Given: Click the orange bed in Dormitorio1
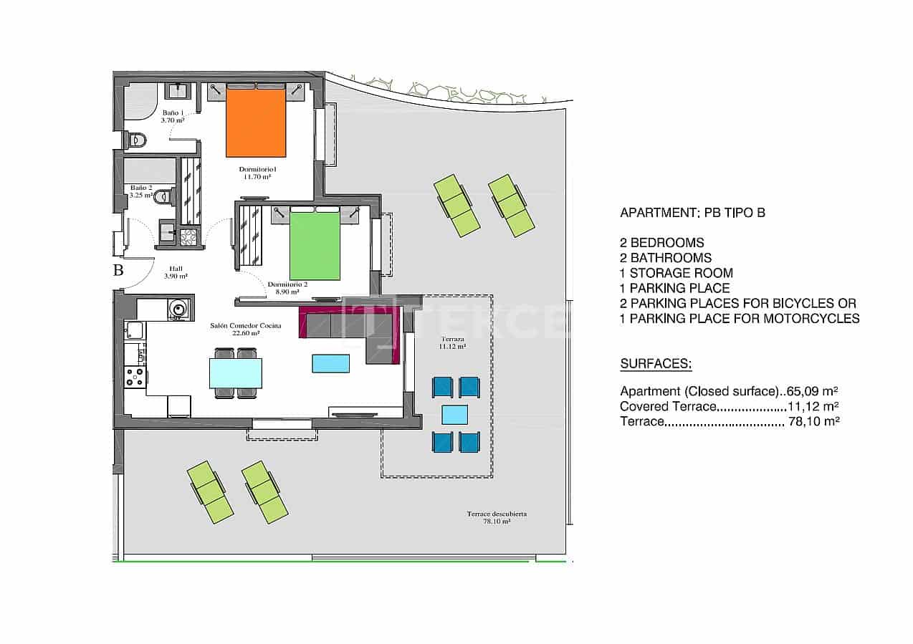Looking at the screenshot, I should coord(255,122).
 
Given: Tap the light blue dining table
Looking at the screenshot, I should coord(235,373).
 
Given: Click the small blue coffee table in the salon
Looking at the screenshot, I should coord(331,363).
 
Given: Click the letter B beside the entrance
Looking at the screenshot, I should coord(118,271).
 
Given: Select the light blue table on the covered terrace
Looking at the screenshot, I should coord(454,415).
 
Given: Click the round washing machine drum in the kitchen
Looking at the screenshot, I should coord(177,309).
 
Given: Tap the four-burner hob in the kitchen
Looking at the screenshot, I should coord(135,377).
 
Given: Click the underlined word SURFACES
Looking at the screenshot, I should coord(655,364).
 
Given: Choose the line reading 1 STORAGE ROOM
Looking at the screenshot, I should coord(676,273).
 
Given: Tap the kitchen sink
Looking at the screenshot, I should coord(134,330).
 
